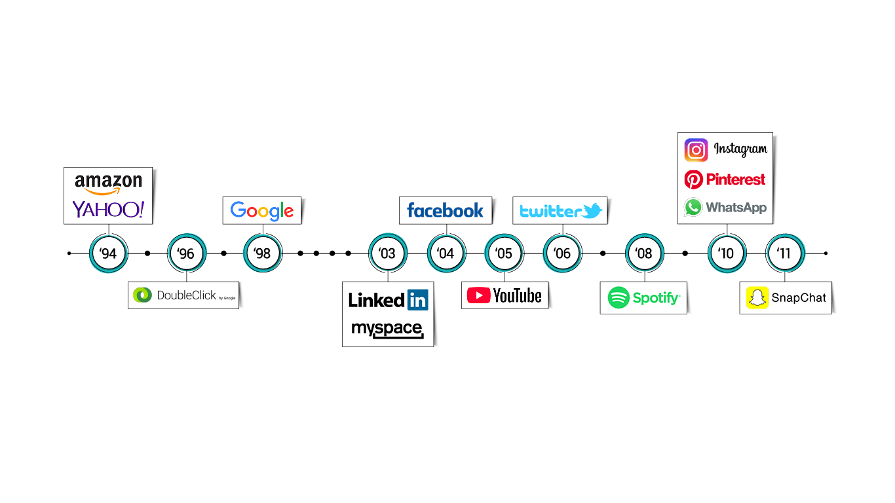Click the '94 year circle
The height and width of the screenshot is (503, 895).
tap(108, 253)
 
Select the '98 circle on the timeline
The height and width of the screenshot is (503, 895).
tap(263, 253)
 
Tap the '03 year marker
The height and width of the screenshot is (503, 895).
tap(388, 253)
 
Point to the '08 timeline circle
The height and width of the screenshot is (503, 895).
tap(644, 253)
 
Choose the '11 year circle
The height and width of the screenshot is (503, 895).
tap(785, 253)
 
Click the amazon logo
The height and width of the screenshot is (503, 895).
tap(108, 184)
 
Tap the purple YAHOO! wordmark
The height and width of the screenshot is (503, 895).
tap(108, 210)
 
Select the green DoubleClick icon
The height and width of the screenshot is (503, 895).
tap(143, 295)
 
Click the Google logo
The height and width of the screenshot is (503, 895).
tap(261, 210)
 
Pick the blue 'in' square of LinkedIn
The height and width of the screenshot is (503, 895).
tap(418, 300)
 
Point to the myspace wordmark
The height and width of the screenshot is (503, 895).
tap(387, 329)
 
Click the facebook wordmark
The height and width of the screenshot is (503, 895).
tap(445, 210)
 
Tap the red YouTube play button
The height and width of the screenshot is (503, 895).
tap(478, 295)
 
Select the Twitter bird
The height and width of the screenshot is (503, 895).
tap(592, 210)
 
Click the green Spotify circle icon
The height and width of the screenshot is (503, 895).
tap(619, 297)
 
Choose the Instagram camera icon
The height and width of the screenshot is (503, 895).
tap(696, 150)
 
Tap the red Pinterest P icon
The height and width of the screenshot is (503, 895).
tap(694, 180)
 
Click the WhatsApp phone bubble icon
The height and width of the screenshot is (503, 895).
tap(693, 208)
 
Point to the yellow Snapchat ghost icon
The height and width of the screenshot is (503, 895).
tap(757, 297)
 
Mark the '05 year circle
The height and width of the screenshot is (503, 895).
tap(504, 253)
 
